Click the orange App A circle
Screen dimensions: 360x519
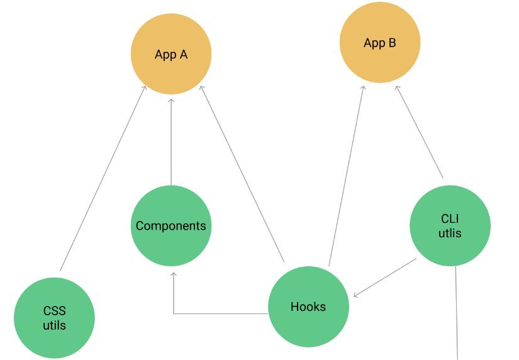(x=171, y=54)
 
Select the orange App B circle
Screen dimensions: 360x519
(x=380, y=43)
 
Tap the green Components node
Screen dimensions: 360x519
(x=171, y=225)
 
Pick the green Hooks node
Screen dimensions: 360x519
(x=308, y=307)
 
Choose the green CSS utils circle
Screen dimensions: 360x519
(x=54, y=318)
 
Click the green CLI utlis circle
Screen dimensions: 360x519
(x=450, y=225)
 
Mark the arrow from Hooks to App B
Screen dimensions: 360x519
(x=346, y=176)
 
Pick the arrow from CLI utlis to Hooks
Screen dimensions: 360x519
(x=384, y=278)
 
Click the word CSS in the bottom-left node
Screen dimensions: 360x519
(x=54, y=311)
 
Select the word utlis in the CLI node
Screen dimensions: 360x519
(x=451, y=233)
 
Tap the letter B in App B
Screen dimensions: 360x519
(x=391, y=43)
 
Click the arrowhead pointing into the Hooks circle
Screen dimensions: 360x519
(x=357, y=294)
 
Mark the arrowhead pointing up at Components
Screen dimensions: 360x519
(x=174, y=274)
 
